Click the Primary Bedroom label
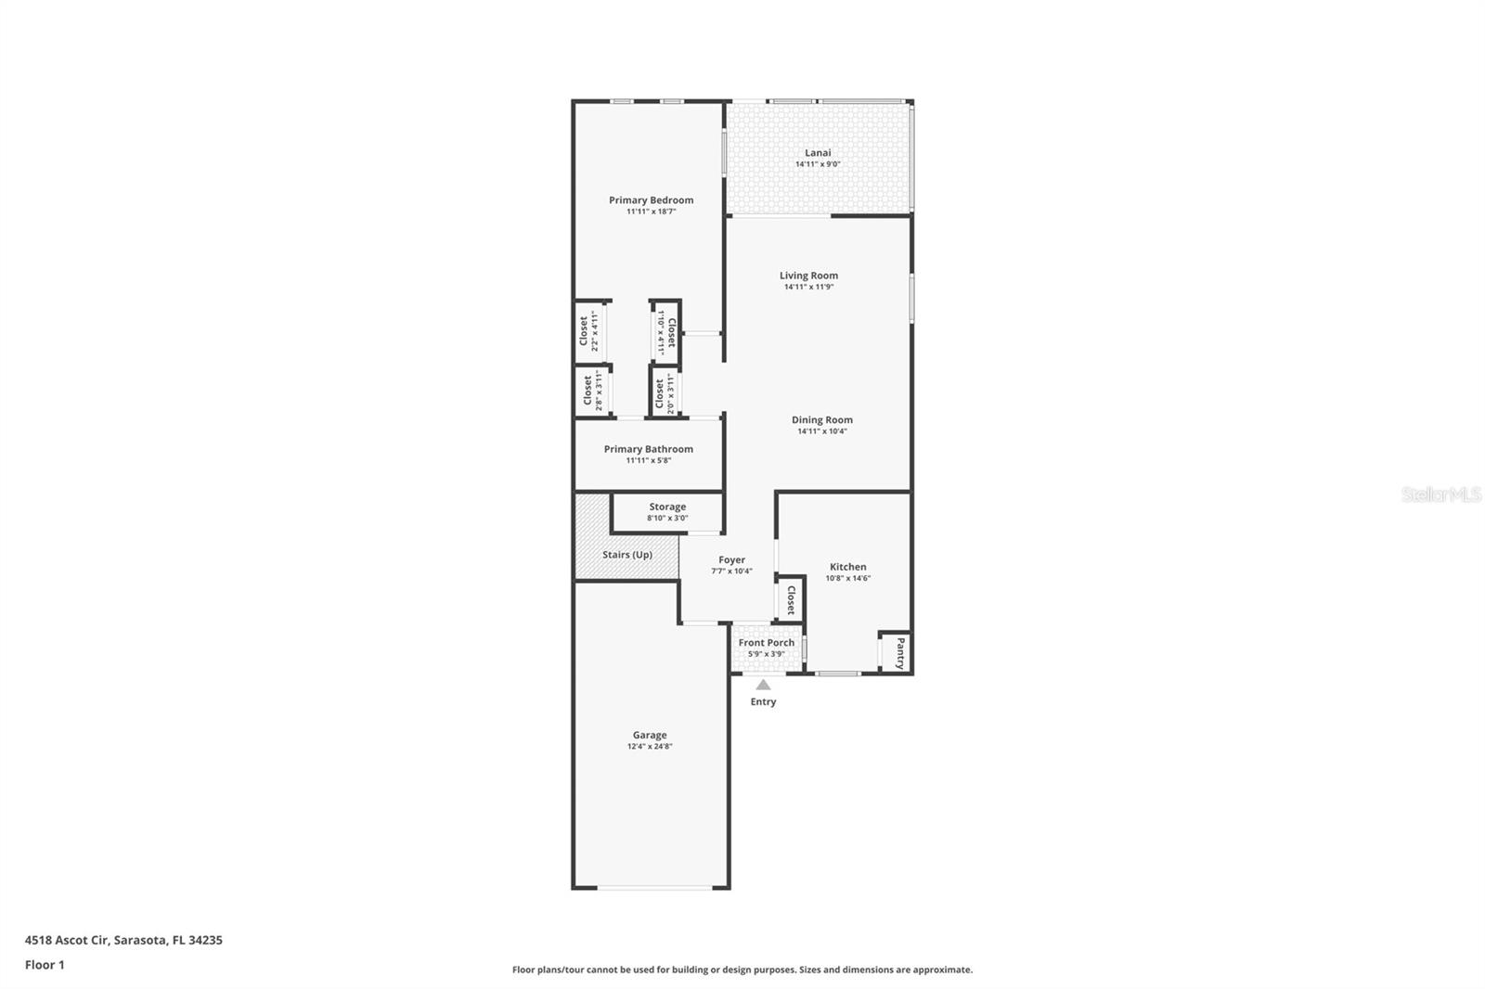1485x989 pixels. point(651,199)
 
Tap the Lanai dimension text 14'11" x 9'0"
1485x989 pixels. point(818,164)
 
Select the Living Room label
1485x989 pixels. point(808,275)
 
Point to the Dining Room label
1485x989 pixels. point(821,419)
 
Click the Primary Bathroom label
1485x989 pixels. point(648,449)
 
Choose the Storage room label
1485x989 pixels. point(667,507)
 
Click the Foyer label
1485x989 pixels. point(731,559)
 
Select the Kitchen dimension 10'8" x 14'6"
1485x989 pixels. point(847,578)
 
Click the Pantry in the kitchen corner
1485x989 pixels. point(898,652)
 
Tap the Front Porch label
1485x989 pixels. point(766,642)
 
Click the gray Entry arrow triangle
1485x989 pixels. point(762,685)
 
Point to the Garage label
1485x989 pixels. point(650,735)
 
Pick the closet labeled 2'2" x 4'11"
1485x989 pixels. point(589,331)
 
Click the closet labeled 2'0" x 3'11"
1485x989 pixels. point(664,392)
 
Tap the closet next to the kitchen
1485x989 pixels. point(791,599)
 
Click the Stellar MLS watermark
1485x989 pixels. point(1440,495)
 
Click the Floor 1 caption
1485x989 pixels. point(45,965)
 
